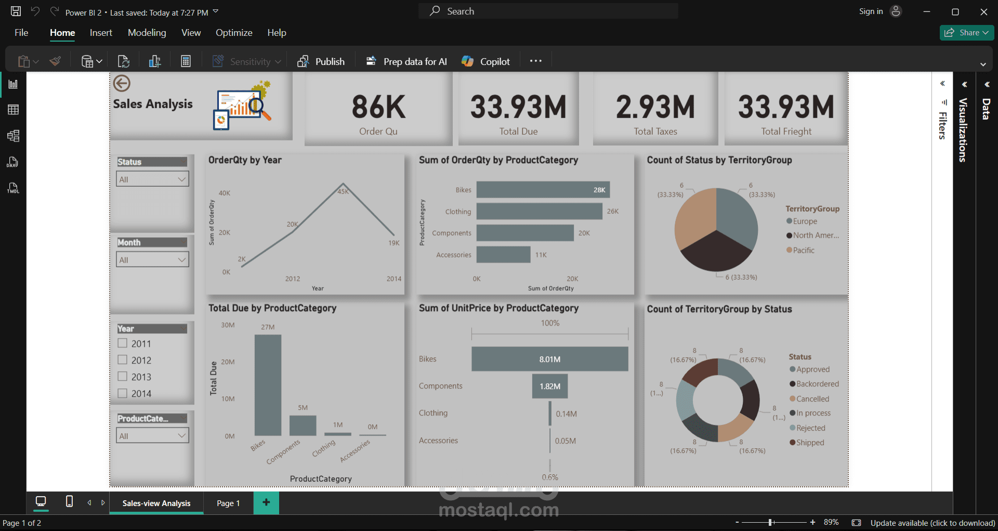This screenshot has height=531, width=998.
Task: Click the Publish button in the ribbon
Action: pyautogui.click(x=321, y=61)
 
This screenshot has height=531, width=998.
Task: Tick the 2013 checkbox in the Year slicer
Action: pyautogui.click(x=123, y=376)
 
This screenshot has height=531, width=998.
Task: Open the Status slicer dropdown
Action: pyautogui.click(x=152, y=179)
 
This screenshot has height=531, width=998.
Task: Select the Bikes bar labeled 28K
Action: pyautogui.click(x=543, y=190)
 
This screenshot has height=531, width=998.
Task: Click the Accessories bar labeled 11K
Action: pyautogui.click(x=503, y=255)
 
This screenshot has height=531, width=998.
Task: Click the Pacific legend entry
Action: pyautogui.click(x=803, y=250)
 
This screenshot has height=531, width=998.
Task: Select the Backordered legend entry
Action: pyautogui.click(x=817, y=384)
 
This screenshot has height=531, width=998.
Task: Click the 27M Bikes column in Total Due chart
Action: pyautogui.click(x=268, y=385)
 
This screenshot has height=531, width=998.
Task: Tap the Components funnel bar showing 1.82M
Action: pyautogui.click(x=549, y=386)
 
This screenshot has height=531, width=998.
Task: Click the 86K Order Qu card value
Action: pyautogui.click(x=378, y=107)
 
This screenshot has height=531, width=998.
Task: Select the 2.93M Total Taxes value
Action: pyautogui.click(x=655, y=107)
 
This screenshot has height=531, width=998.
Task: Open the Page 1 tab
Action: pyautogui.click(x=228, y=503)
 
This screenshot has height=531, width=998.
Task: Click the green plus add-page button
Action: pyautogui.click(x=266, y=502)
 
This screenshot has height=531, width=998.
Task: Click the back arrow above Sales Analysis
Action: pyautogui.click(x=122, y=83)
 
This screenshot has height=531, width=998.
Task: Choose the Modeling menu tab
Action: pyautogui.click(x=147, y=33)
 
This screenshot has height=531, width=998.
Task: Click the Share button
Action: pyautogui.click(x=966, y=32)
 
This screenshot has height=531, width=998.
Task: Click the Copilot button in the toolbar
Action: pyautogui.click(x=486, y=61)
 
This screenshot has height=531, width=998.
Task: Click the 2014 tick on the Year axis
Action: pyautogui.click(x=393, y=279)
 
